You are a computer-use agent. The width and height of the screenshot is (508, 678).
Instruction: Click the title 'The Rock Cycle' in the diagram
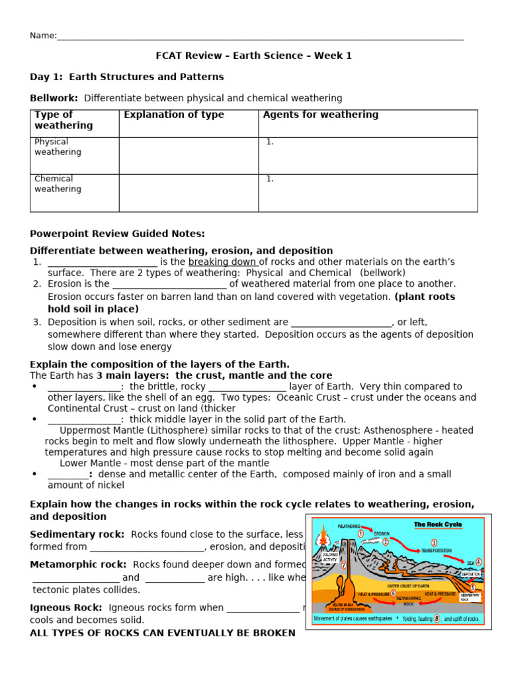[x=438, y=524]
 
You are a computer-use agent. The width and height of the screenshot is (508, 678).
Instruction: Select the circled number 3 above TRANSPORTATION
[x=434, y=543]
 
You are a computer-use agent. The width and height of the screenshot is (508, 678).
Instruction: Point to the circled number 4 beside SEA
[x=478, y=561]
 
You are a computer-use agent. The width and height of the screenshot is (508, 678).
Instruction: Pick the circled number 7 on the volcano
[x=343, y=565]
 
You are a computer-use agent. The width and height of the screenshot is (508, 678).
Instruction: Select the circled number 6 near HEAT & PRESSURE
[x=394, y=593]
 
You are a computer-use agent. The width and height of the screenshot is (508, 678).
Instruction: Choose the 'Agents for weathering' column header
[x=321, y=115]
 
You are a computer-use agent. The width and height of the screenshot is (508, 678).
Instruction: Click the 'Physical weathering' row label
[x=58, y=146]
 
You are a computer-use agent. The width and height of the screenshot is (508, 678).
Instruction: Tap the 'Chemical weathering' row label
[x=58, y=183]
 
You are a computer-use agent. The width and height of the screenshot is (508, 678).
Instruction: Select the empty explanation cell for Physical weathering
[x=189, y=156]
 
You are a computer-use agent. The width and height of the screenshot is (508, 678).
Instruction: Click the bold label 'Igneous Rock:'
[x=66, y=607]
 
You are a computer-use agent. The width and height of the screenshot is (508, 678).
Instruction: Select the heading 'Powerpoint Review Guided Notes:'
[x=118, y=233]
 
